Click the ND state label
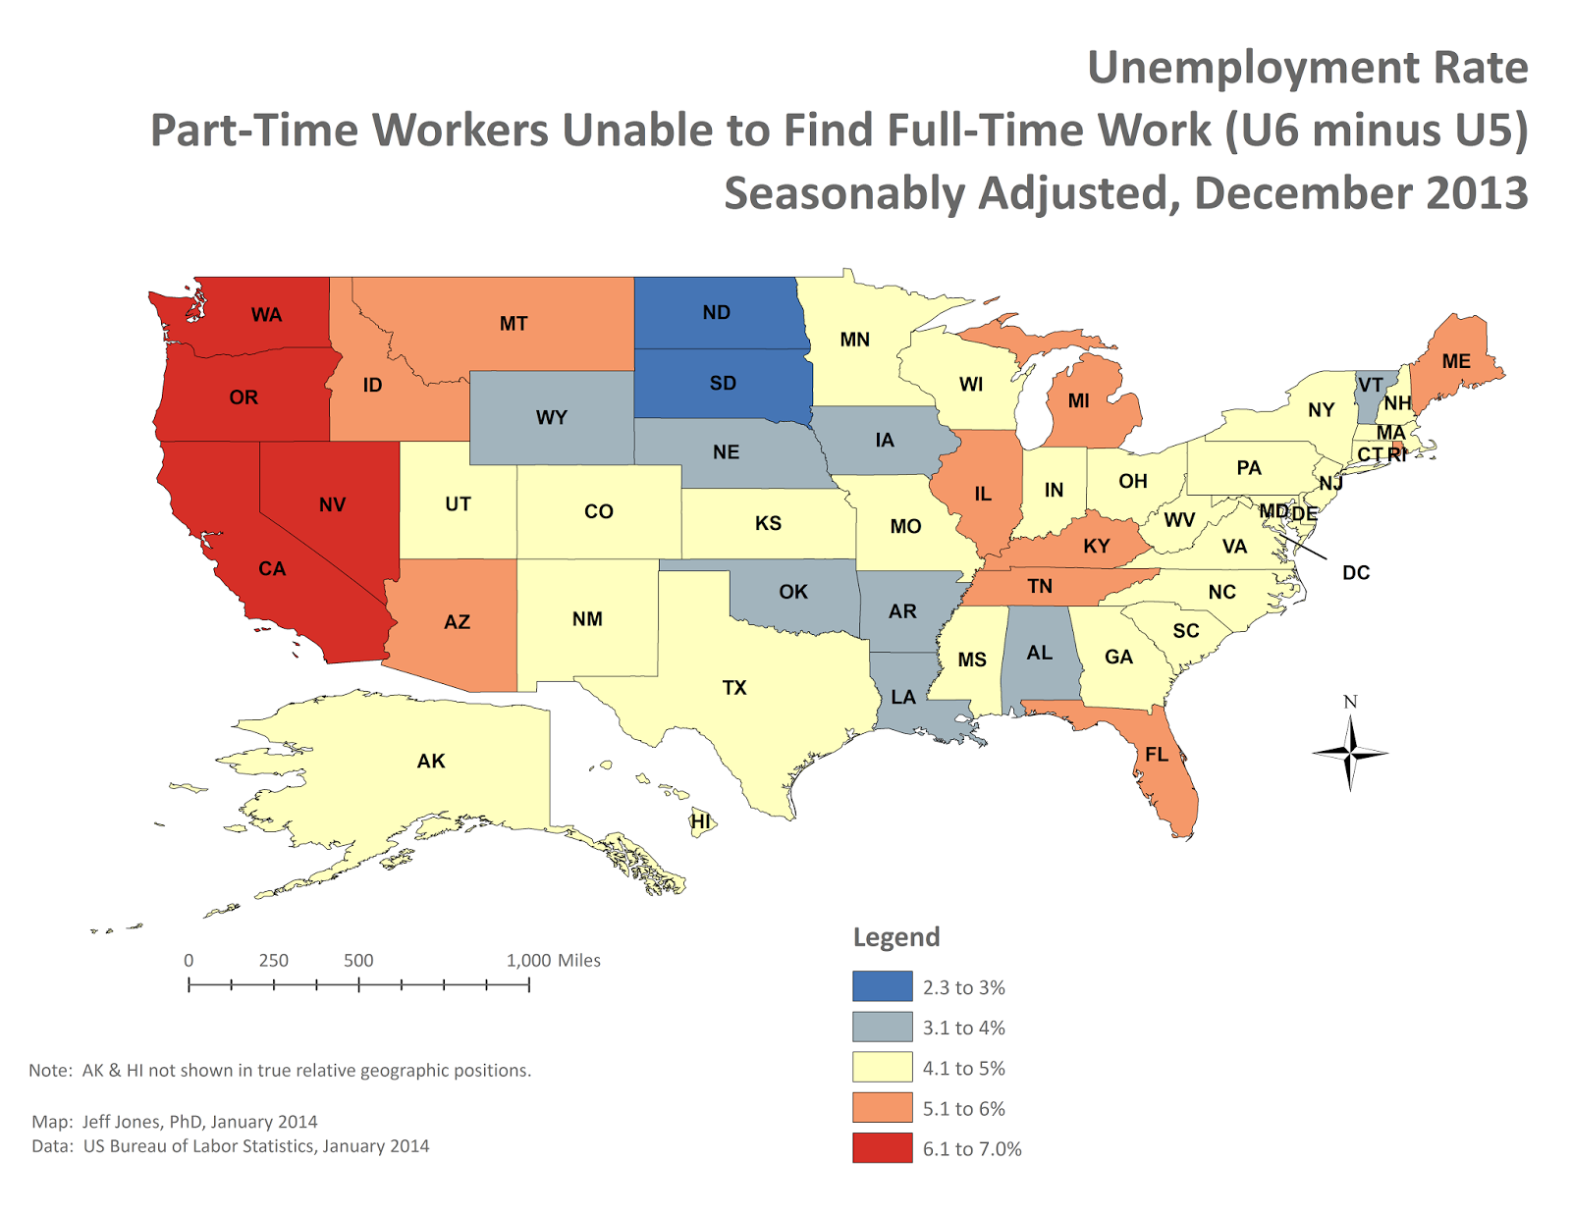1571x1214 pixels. pyautogui.click(x=716, y=312)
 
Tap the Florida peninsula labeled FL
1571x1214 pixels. pyautogui.click(x=1158, y=754)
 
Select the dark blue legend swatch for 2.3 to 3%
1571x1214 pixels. pyautogui.click(x=882, y=986)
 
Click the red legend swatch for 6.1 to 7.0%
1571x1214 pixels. pyautogui.click(x=882, y=1147)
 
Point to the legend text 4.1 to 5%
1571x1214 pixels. pyautogui.click(x=963, y=1068)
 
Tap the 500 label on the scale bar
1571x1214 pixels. pyautogui.click(x=358, y=960)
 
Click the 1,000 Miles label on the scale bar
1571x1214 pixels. pyautogui.click(x=553, y=960)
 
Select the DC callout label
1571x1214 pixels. pyautogui.click(x=1355, y=572)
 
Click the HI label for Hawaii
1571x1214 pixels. pyautogui.click(x=700, y=820)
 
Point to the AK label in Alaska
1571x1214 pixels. pyautogui.click(x=431, y=761)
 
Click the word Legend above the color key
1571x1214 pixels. pyautogui.click(x=895, y=936)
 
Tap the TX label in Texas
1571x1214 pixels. pyautogui.click(x=734, y=687)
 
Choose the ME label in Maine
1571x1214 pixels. pyautogui.click(x=1456, y=361)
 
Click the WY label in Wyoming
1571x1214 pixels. pyautogui.click(x=552, y=417)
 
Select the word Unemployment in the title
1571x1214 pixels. pyautogui.click(x=1251, y=68)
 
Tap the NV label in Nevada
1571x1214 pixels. pyautogui.click(x=332, y=504)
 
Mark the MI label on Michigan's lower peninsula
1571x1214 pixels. pyautogui.click(x=1079, y=400)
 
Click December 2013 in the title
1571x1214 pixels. pyautogui.click(x=1361, y=192)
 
